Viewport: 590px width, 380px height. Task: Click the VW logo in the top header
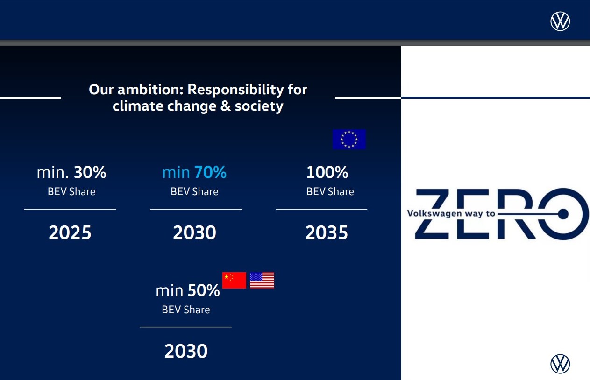[560, 21]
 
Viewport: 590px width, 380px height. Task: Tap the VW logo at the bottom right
[560, 364]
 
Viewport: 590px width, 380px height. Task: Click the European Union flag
[349, 139]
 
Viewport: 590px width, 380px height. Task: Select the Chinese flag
[234, 280]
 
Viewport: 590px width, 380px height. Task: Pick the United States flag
[262, 280]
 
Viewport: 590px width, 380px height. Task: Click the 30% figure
[90, 172]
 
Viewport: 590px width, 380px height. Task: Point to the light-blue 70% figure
[211, 172]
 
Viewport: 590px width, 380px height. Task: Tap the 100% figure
[327, 172]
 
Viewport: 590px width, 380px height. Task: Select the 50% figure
[204, 290]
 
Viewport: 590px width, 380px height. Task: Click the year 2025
[70, 232]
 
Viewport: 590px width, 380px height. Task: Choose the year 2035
[327, 232]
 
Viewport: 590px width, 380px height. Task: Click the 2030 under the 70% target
[194, 232]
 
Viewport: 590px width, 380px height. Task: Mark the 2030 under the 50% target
[186, 351]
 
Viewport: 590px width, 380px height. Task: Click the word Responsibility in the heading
[236, 90]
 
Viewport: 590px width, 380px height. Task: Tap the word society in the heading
[259, 107]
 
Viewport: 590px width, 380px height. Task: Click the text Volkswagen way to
[451, 213]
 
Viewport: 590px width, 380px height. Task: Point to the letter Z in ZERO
[432, 214]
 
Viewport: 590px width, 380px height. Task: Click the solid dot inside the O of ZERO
[563, 214]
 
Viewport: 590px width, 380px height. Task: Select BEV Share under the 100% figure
[330, 191]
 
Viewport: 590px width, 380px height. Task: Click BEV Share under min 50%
[186, 310]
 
